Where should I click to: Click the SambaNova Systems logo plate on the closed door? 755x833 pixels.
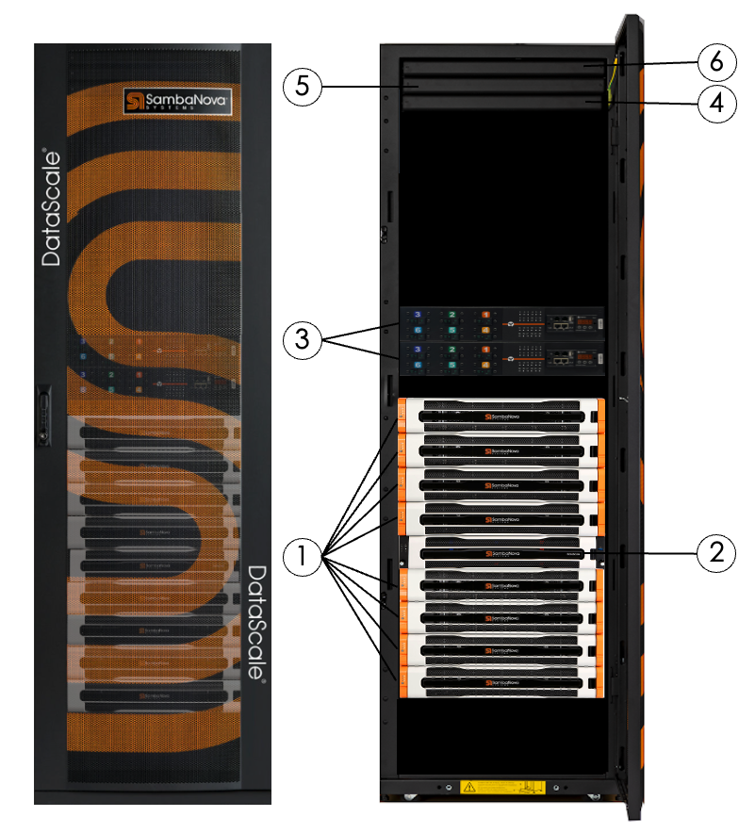178,101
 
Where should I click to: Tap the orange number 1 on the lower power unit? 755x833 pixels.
485,351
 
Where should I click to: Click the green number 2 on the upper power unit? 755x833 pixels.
451,314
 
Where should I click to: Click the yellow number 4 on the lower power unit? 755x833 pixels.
485,364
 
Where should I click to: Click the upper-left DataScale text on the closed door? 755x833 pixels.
52,207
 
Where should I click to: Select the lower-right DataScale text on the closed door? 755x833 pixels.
255,623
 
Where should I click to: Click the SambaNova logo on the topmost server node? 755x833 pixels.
501,413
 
